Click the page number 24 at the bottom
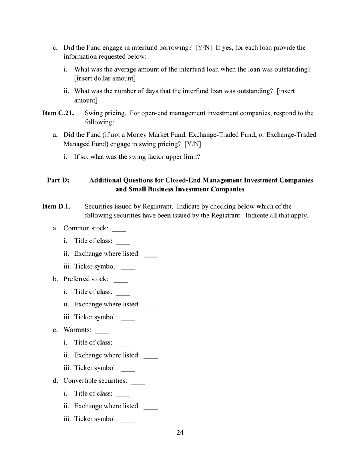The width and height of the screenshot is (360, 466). tap(180, 433)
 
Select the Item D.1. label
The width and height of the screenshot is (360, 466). tap(56, 206)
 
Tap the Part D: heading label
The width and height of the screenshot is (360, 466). tap(58, 180)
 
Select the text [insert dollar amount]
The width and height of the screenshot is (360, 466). tap(105, 78)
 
